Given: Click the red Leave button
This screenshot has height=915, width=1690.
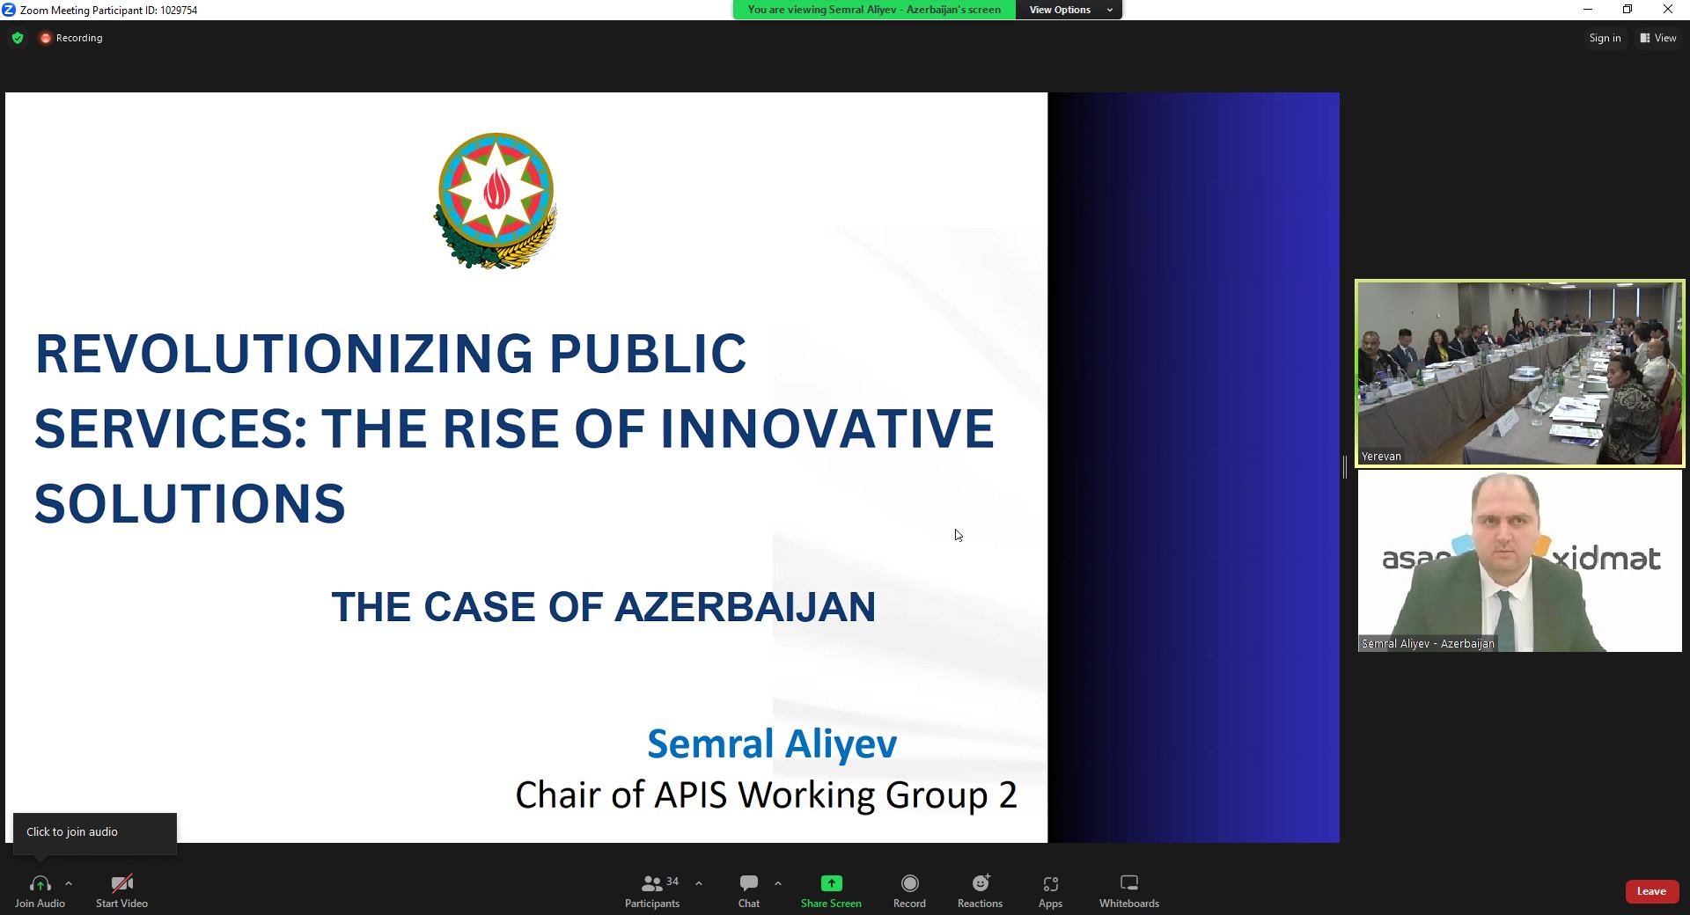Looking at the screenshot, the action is point(1651,891).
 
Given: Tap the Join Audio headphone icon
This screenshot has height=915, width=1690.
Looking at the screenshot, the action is point(40,883).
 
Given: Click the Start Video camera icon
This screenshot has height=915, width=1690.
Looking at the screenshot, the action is point(121,883).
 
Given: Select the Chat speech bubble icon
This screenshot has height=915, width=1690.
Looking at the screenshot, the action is point(749,882).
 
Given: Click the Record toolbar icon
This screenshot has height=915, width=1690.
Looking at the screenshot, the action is point(909,883).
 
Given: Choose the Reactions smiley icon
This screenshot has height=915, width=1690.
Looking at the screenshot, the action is point(981,882).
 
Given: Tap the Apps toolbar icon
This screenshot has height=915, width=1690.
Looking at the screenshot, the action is point(1050,883).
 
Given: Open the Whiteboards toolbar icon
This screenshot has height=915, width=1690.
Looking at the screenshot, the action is point(1129,882).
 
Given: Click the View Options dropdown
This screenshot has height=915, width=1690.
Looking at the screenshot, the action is point(1069,10).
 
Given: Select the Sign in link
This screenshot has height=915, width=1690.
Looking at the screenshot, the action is point(1605,38).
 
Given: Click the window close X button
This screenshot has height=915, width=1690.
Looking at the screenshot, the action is point(1667,10).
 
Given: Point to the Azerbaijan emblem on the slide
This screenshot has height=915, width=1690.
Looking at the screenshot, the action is point(496,201).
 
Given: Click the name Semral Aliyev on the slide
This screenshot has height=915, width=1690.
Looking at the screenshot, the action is point(772,743).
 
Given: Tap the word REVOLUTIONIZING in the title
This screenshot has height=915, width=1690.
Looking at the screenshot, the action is point(283,354).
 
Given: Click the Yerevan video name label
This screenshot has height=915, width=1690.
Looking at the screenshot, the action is point(1381,457).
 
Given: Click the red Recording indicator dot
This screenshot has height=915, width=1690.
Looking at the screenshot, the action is point(45,38).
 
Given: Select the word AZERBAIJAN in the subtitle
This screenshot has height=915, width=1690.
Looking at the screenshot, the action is point(745,607).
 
